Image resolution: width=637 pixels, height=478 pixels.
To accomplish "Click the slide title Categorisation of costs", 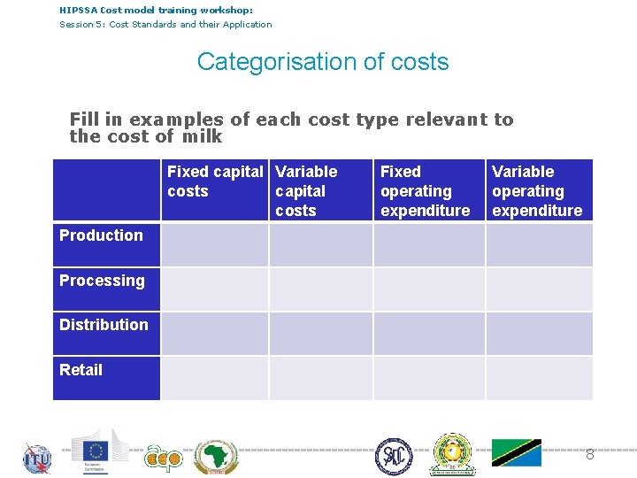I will click(323, 62).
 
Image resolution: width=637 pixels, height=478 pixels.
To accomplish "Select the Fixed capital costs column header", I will click(214, 181).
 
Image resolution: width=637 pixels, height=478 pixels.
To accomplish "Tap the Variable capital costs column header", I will click(306, 190).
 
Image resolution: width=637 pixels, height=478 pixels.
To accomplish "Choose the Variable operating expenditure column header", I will click(537, 190).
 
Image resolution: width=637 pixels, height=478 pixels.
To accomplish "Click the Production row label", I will click(101, 235).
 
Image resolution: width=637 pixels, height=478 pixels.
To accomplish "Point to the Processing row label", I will click(102, 281).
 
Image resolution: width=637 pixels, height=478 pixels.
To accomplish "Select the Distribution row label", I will click(104, 325).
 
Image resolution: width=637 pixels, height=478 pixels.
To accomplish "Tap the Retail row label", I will click(81, 370).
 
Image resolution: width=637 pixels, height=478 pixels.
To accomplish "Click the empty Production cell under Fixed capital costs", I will click(214, 244).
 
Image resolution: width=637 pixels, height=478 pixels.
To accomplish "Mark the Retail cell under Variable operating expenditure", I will click(539, 378).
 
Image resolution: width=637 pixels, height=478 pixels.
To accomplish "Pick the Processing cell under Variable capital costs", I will click(321, 289).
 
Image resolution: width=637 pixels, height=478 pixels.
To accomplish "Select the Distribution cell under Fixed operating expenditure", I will click(429, 334).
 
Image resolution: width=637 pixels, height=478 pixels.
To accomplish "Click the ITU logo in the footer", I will click(37, 459).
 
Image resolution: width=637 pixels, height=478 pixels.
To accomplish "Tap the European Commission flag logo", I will click(99, 450).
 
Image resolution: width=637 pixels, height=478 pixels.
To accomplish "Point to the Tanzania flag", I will click(517, 452).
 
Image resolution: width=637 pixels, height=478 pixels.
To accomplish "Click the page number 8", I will click(589, 454).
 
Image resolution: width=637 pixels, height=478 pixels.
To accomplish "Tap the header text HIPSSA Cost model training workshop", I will click(156, 10).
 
